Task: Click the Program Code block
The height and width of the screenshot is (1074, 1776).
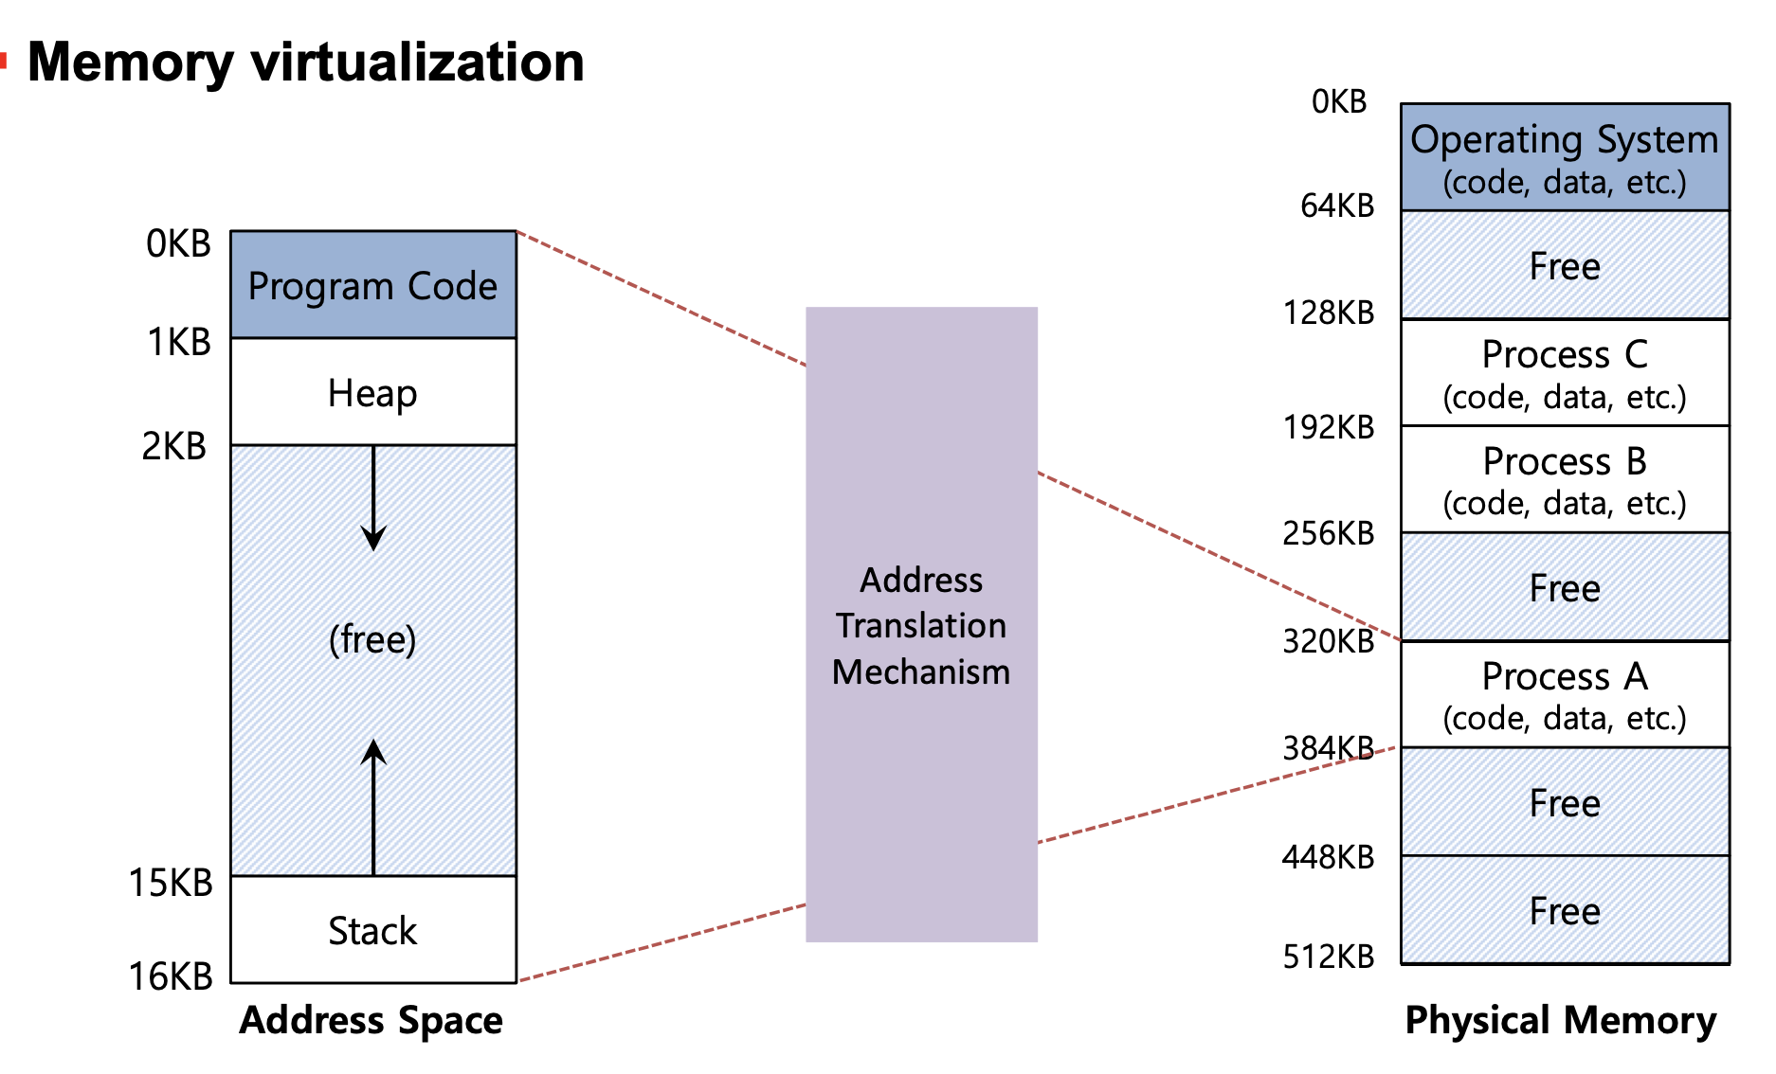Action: point(373,285)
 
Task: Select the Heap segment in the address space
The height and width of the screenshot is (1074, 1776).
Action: point(373,392)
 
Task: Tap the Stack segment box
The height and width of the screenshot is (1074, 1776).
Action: point(373,930)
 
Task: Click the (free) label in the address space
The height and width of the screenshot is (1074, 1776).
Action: point(372,639)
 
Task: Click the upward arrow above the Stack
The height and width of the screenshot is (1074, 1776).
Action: point(373,805)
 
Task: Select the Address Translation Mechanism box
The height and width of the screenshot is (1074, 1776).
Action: point(921,625)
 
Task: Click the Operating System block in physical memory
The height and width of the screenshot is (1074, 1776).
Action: point(1565,157)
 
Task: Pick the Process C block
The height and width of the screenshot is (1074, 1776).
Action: point(1565,373)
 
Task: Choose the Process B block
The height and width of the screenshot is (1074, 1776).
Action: point(1565,480)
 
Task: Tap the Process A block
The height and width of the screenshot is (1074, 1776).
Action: point(1565,695)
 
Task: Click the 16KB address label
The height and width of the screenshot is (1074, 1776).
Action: point(171,976)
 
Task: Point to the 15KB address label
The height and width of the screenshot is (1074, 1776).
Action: point(171,883)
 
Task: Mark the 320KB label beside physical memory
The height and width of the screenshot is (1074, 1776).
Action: point(1328,641)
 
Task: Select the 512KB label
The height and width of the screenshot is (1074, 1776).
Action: point(1328,957)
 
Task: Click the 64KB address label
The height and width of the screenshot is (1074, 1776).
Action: point(1336,206)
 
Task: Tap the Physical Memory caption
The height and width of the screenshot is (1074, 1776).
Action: point(1560,1020)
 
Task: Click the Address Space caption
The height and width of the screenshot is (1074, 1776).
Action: point(372,1020)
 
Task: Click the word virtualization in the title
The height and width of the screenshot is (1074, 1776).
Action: point(417,63)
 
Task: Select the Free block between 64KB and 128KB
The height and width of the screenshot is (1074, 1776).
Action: point(1565,265)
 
